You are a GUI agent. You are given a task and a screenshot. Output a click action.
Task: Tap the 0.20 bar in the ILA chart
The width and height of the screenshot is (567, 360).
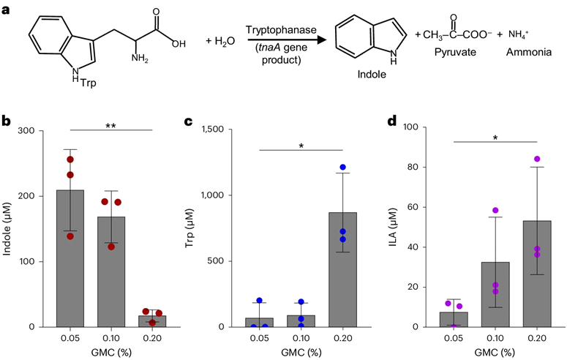[x=536, y=274]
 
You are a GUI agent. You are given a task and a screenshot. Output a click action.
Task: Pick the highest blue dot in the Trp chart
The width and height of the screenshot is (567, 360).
[x=342, y=168]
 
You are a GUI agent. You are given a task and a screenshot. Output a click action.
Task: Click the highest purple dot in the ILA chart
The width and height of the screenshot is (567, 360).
[x=537, y=159]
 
